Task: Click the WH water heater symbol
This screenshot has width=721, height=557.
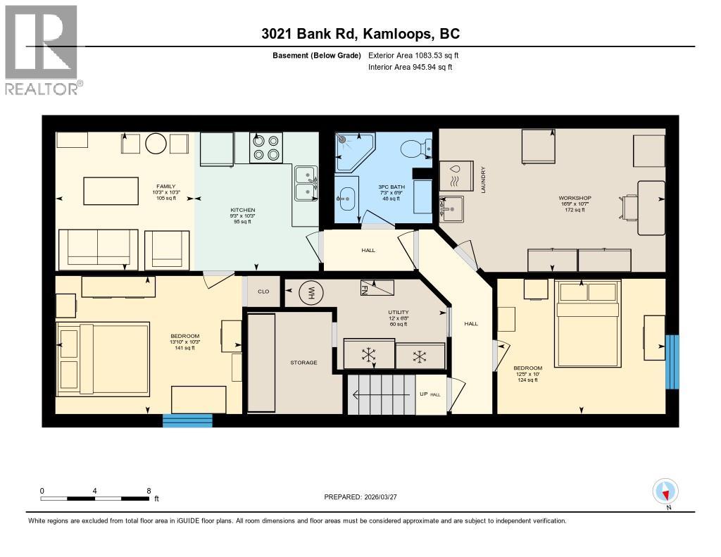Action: click(308, 292)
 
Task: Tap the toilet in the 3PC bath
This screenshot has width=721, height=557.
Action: click(411, 149)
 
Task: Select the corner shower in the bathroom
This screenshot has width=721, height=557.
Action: click(351, 150)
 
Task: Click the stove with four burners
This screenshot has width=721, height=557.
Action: click(266, 148)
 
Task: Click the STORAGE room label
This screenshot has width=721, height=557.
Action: click(303, 363)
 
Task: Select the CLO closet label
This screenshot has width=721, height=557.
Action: click(264, 291)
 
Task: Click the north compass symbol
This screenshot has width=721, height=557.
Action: click(665, 491)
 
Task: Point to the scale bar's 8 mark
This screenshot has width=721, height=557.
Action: click(149, 491)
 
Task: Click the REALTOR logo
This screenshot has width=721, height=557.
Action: click(42, 49)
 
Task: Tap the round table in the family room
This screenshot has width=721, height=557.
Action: click(156, 144)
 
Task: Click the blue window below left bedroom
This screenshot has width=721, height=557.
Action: click(187, 420)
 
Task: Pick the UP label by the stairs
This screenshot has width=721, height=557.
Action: click(424, 394)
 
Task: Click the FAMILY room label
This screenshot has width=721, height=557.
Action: click(166, 186)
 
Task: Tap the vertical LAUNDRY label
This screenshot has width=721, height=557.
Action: click(483, 180)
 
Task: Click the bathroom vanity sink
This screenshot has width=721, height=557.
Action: click(346, 199)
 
